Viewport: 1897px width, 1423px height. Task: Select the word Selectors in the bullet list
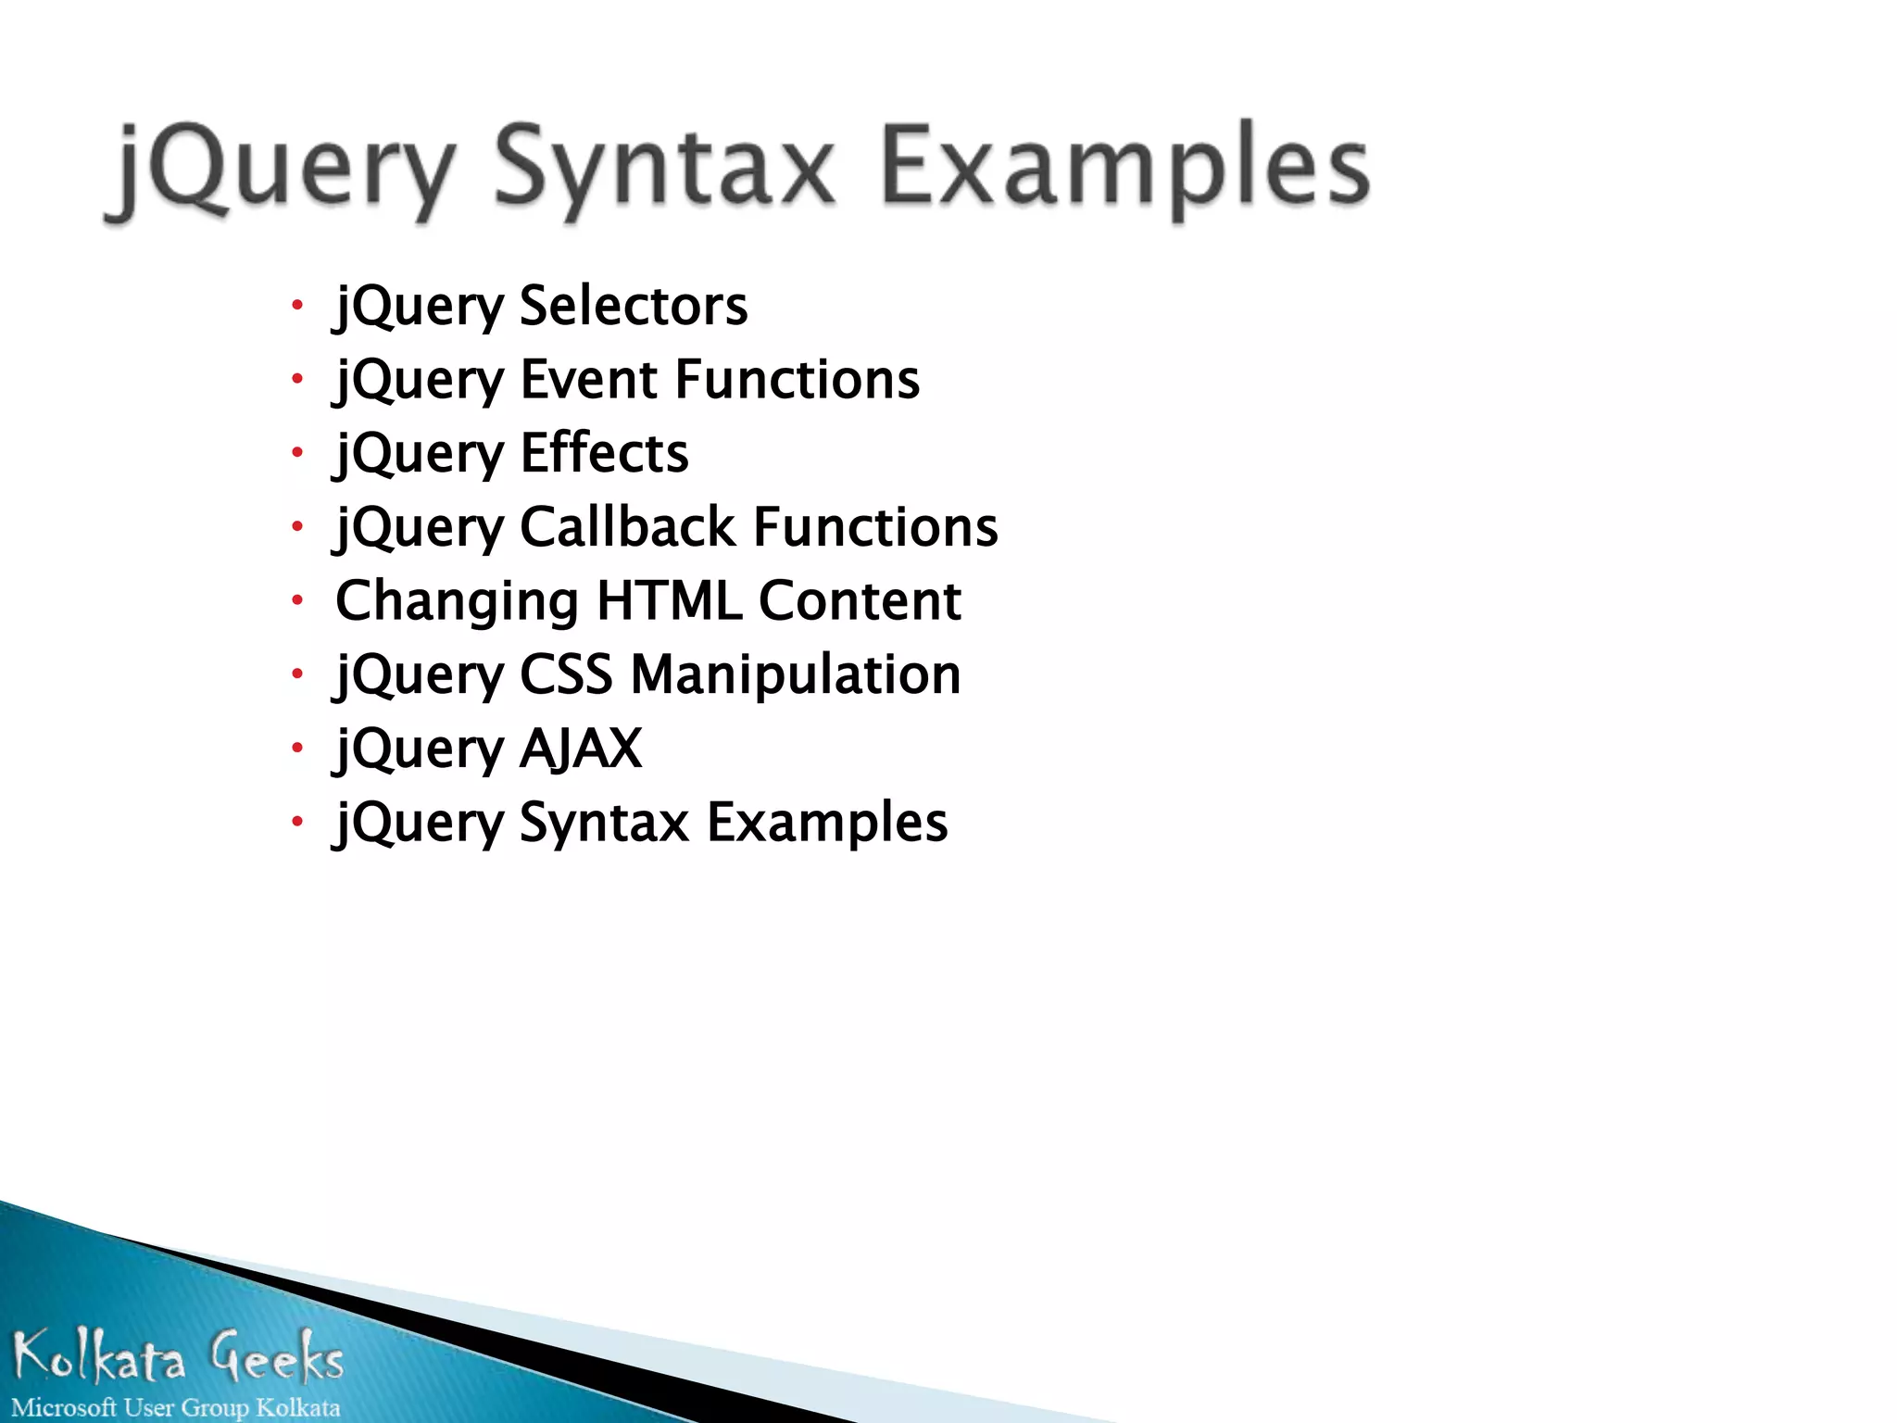[x=633, y=306]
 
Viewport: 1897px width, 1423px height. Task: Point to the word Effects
[x=604, y=453]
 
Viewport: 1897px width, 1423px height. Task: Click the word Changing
[x=457, y=602]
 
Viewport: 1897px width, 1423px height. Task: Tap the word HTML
[x=669, y=600]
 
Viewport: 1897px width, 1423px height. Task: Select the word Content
[x=860, y=600]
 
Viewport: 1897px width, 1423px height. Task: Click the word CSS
[x=566, y=674]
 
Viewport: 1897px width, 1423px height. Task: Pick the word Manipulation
[x=795, y=674]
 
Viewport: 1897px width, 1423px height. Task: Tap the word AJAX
[x=581, y=748]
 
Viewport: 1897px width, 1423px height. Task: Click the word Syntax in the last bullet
[x=604, y=823]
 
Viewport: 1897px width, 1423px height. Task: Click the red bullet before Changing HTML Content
[x=297, y=599]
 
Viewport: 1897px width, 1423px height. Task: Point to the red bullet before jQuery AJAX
[x=297, y=747]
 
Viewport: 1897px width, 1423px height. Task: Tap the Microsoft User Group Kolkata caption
[x=176, y=1407]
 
